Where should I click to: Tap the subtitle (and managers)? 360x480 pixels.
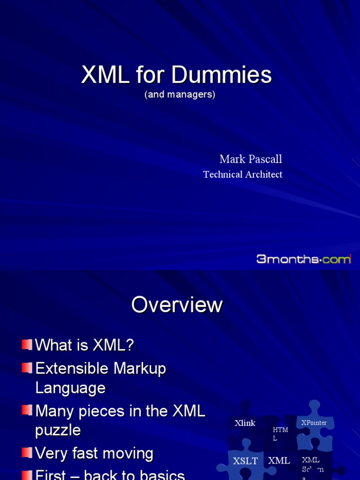[180, 94]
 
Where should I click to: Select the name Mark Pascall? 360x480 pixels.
[251, 159]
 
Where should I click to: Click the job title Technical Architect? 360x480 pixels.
[242, 174]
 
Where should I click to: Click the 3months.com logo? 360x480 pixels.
[303, 259]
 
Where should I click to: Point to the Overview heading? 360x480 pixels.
[177, 305]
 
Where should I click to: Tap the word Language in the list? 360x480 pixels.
[70, 388]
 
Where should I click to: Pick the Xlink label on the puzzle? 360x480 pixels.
[245, 423]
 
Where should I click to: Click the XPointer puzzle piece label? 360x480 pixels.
[314, 423]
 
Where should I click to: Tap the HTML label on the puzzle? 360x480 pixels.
[280, 434]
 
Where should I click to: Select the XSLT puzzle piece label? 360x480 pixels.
[245, 461]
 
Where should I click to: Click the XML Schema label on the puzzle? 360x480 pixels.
[312, 466]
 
